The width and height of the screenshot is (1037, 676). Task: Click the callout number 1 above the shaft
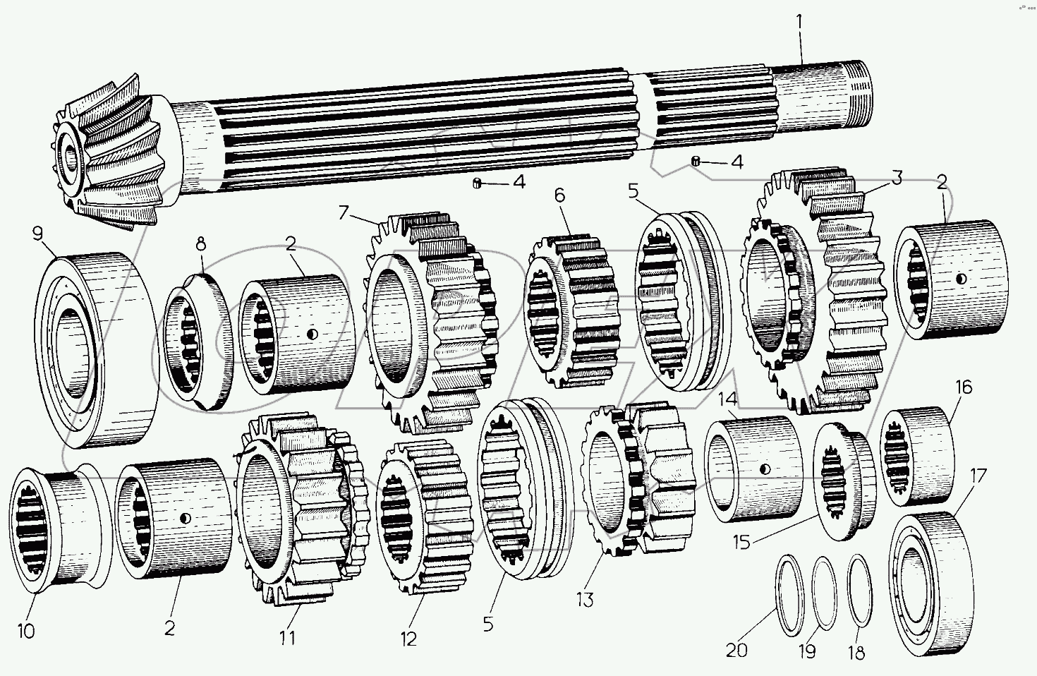pyautogui.click(x=800, y=22)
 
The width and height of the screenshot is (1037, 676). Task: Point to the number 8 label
pyautogui.click(x=201, y=244)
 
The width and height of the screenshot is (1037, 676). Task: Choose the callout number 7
pyautogui.click(x=344, y=211)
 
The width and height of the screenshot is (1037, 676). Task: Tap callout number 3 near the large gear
pyautogui.click(x=896, y=178)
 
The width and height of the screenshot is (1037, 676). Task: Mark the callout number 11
pyautogui.click(x=286, y=637)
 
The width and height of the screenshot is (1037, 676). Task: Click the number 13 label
pyautogui.click(x=585, y=600)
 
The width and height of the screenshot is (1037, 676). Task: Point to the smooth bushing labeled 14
pyautogui.click(x=751, y=469)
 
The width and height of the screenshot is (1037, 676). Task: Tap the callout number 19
pyautogui.click(x=808, y=650)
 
